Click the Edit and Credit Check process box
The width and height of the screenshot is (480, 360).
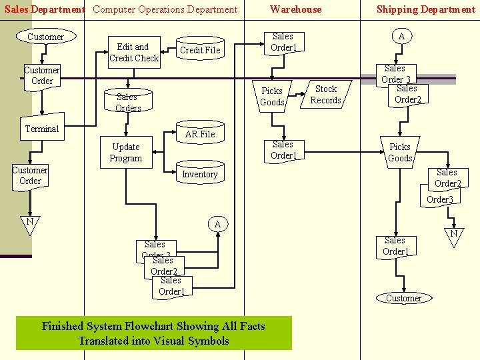pyautogui.click(x=134, y=53)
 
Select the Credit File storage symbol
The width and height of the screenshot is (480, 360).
pyautogui.click(x=200, y=50)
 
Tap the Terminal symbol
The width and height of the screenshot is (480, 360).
pyautogui.click(x=42, y=129)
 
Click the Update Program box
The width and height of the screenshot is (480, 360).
pyautogui.click(x=126, y=153)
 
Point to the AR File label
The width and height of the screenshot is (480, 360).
pyautogui.click(x=200, y=134)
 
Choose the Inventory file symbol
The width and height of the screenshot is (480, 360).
pyautogui.click(x=200, y=175)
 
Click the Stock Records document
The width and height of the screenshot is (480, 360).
pyautogui.click(x=325, y=95)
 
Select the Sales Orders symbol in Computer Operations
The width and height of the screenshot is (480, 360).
pyautogui.click(x=128, y=102)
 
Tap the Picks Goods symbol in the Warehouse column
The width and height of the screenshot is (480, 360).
pyautogui.click(x=272, y=97)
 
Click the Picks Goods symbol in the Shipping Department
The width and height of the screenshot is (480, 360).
pyautogui.click(x=400, y=152)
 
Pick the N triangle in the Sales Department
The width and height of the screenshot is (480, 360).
pyautogui.click(x=29, y=223)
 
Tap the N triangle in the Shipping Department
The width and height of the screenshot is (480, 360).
pyautogui.click(x=453, y=235)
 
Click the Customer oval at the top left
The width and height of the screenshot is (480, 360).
pyautogui.click(x=45, y=37)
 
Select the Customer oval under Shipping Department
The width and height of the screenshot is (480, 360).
pyautogui.click(x=403, y=298)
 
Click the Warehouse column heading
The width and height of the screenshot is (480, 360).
pyautogui.click(x=295, y=9)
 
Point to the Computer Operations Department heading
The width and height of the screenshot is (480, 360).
pyautogui.click(x=165, y=9)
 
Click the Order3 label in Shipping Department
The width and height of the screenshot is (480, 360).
pyautogui.click(x=439, y=199)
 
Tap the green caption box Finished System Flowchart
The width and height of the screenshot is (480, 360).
pyautogui.click(x=153, y=333)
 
